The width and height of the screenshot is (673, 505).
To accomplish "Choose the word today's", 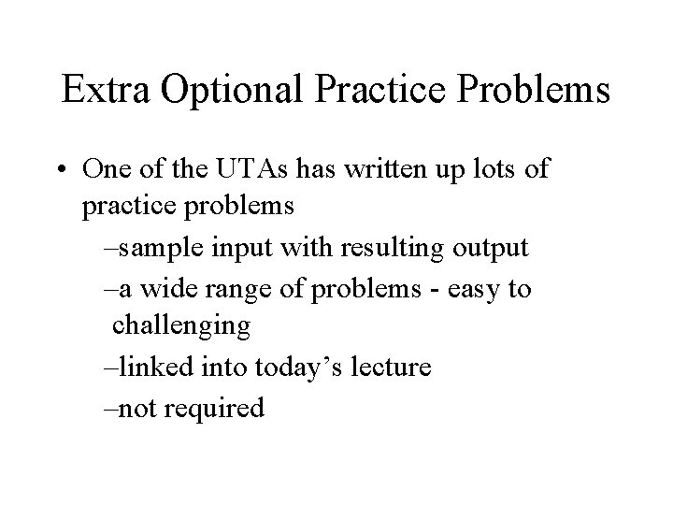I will pos(285,368).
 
